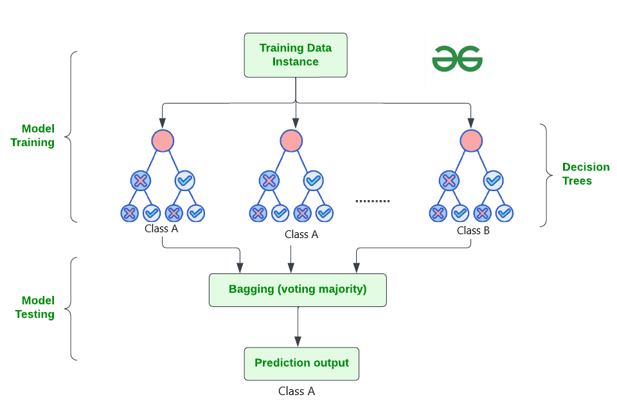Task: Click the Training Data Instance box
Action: point(295,55)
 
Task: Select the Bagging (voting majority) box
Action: point(298,290)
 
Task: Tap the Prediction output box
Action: point(301,364)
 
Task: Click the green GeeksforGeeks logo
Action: point(457,58)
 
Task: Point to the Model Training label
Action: point(33,136)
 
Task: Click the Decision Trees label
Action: point(586,174)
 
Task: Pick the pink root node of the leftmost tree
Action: point(163,141)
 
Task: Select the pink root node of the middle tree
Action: point(291,141)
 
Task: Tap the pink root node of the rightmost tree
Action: point(471,141)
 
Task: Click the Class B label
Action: point(473,230)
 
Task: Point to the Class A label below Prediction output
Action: point(296,391)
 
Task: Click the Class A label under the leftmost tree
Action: point(161,228)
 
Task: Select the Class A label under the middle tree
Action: point(301,234)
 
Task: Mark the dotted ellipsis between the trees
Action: point(373,201)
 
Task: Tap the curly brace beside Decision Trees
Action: point(546,175)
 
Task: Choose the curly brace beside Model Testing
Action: point(72,308)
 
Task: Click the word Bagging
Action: point(251,289)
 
